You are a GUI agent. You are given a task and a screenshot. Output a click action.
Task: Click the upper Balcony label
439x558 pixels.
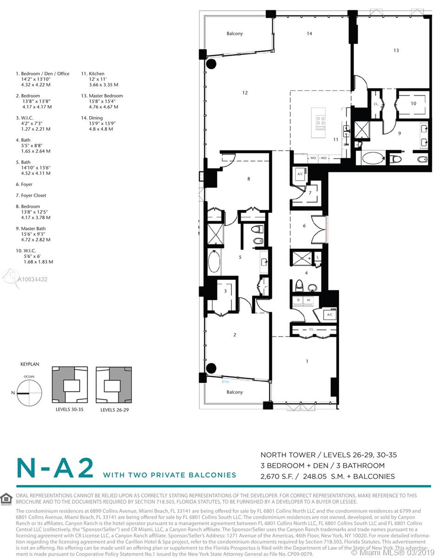(235, 34)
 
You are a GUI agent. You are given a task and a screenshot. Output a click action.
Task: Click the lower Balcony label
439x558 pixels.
(235, 392)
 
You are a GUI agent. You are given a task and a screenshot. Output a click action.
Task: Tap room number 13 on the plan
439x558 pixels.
(396, 51)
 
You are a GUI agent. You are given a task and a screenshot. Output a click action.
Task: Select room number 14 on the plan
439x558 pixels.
(309, 33)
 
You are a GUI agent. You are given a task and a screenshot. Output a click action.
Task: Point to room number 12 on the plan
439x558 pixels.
(245, 93)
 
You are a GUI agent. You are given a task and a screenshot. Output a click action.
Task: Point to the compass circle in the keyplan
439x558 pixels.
(30, 393)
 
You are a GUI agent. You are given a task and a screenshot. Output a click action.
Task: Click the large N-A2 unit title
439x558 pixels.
(55, 468)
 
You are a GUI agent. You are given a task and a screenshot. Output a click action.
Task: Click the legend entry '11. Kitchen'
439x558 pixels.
(93, 74)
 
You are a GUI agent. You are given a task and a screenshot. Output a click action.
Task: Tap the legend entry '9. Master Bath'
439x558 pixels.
(33, 229)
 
